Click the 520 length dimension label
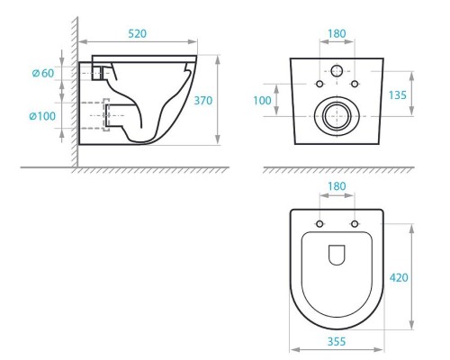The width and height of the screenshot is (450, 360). (x=138, y=33)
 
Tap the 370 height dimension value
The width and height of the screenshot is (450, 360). (x=203, y=101)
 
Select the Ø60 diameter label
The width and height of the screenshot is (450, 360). (x=43, y=73)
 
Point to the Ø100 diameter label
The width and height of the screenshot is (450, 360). (x=42, y=116)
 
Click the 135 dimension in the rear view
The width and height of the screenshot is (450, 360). (x=398, y=95)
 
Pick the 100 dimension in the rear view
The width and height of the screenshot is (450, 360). (x=262, y=101)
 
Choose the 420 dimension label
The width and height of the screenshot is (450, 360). (x=399, y=278)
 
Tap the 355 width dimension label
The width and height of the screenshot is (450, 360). (x=337, y=341)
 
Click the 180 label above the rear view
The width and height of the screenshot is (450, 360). (x=337, y=33)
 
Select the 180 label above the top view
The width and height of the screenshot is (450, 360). (x=337, y=186)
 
